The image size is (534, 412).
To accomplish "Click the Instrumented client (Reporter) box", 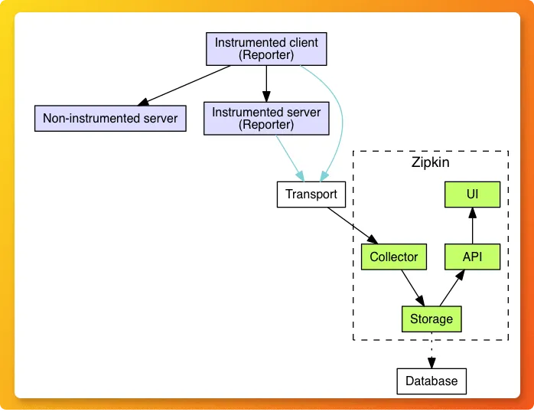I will tap(266, 49).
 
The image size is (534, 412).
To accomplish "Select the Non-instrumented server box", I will tap(110, 118).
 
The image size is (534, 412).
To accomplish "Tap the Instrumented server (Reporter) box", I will tap(266, 118).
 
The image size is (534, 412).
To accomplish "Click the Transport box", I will tap(311, 194).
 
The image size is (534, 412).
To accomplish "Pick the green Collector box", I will tap(393, 257).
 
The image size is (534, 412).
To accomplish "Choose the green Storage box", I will tap(431, 319).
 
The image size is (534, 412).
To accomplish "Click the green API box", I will tap(472, 257).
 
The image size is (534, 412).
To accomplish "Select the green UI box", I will tap(472, 195).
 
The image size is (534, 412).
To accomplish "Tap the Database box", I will tap(431, 381).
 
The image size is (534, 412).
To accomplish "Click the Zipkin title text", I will tap(431, 162).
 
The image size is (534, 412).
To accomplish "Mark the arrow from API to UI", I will tap(472, 226).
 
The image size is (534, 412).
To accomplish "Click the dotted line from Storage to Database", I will tap(431, 350).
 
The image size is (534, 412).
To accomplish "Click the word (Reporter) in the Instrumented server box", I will tap(266, 124).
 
